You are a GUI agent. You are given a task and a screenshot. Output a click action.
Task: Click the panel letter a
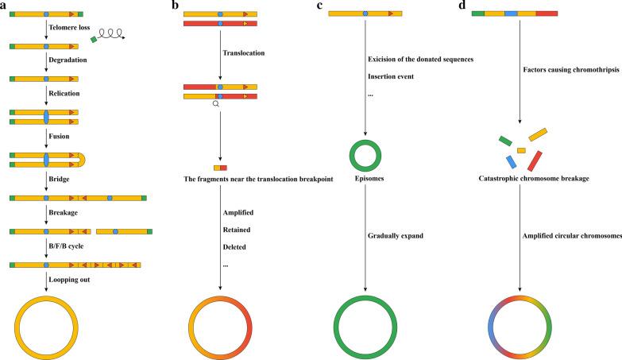click(x=5, y=6)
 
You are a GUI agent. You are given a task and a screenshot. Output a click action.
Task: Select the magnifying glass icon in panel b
click(x=215, y=105)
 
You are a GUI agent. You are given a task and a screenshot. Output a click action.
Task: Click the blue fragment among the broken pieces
click(x=512, y=162)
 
